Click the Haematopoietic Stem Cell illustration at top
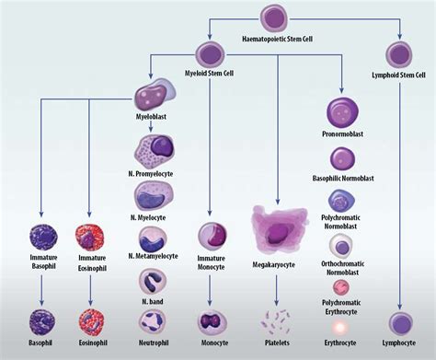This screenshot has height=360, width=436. coord(275,18)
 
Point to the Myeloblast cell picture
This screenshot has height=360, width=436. coord(151,98)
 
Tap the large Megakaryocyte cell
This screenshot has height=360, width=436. coord(278,229)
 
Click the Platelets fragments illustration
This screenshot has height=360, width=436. coord(278,322)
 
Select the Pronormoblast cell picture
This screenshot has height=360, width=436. coord(341,114)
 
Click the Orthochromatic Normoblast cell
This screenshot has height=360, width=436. coord(341,246)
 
